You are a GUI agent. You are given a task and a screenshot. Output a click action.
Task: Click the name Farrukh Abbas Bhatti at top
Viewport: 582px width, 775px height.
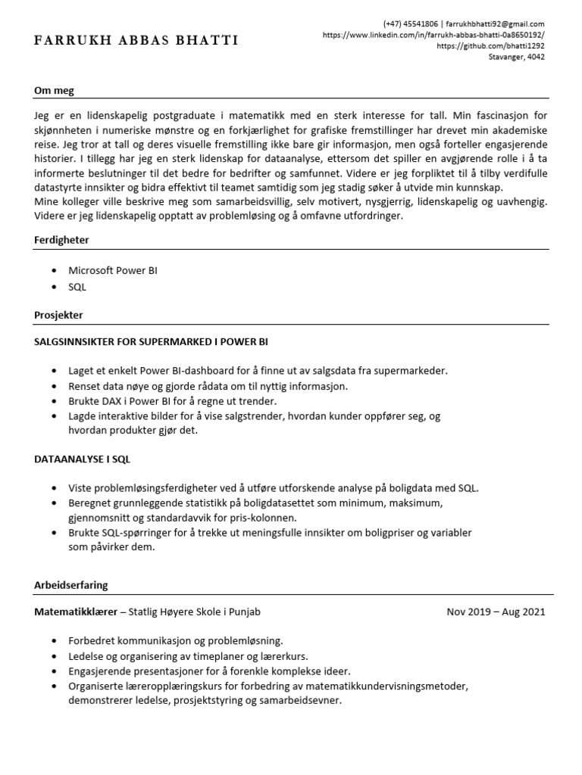tap(136, 40)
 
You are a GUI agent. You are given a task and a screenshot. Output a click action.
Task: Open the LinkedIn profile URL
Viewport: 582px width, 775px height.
tap(433, 35)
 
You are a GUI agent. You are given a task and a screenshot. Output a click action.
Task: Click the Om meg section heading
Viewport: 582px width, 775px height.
tap(55, 92)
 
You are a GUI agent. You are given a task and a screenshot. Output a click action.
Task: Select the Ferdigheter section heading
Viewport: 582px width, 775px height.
tap(62, 239)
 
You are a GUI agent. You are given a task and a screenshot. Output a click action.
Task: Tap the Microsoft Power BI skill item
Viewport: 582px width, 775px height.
tap(113, 270)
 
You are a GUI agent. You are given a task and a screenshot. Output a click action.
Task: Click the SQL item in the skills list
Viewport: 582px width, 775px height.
tap(77, 287)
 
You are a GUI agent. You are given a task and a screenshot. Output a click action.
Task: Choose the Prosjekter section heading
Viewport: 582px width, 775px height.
tap(59, 314)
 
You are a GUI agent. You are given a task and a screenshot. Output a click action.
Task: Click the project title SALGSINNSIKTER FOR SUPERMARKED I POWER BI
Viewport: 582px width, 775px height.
tap(151, 341)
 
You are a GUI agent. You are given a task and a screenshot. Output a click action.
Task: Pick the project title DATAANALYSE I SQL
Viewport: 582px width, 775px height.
tap(87, 459)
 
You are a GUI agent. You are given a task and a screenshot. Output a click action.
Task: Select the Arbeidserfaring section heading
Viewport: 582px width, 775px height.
tap(71, 585)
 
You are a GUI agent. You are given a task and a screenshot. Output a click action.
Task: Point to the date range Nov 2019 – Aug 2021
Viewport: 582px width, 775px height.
tap(496, 612)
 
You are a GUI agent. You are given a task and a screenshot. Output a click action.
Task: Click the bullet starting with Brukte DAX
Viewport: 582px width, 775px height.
tap(173, 400)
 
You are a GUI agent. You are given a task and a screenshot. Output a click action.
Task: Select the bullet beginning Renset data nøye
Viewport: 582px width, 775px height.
tap(208, 385)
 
